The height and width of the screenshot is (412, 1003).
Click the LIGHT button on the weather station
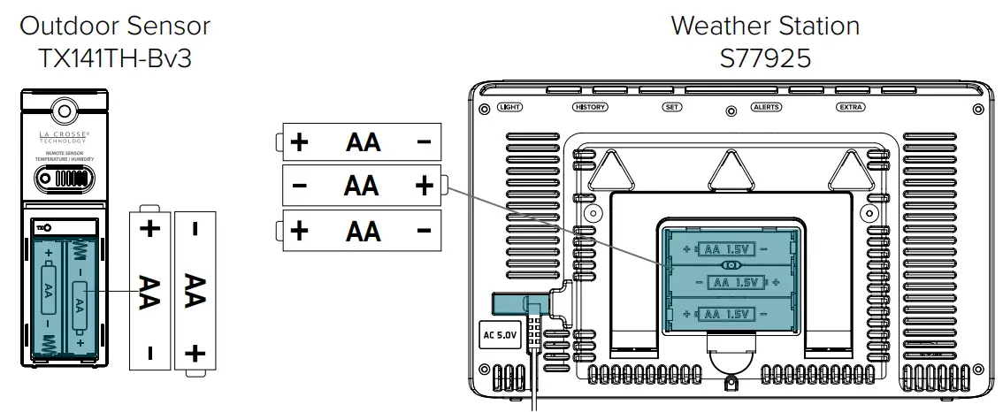510,107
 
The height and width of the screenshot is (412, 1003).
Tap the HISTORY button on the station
590,107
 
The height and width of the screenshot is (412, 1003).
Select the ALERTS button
765,107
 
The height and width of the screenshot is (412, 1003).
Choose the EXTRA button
850,107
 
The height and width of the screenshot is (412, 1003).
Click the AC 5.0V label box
498,335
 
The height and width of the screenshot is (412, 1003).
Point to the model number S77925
765,58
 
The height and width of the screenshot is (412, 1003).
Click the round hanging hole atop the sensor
63,111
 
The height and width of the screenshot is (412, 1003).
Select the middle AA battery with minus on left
362,186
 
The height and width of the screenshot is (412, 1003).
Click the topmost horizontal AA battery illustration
362,141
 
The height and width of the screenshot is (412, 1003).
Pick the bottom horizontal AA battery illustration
362,231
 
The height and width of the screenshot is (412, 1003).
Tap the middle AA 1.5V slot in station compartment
731,283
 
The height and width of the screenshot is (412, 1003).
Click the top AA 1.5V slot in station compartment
731,249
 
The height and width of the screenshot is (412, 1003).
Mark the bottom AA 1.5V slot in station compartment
731,314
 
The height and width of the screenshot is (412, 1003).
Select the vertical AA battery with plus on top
151,288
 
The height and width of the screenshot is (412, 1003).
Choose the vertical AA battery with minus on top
195,288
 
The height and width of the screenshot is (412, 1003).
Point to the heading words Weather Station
765,26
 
